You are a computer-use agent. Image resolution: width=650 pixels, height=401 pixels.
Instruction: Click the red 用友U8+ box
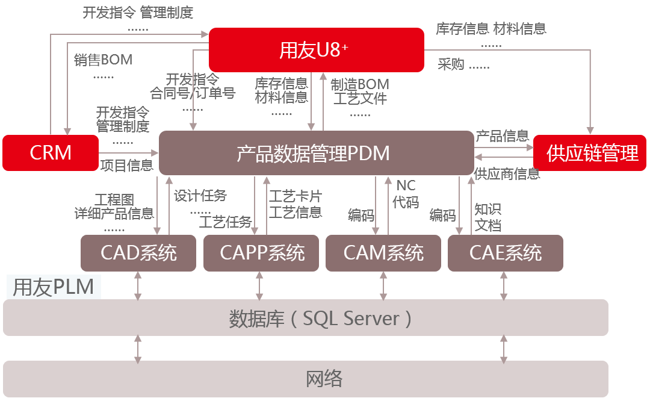tap(316, 49)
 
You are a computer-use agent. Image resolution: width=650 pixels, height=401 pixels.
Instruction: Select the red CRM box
tap(51, 153)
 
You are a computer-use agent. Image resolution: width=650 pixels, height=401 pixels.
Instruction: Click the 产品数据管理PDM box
tap(316, 153)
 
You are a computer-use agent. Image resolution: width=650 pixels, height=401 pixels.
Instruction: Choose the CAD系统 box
tap(138, 253)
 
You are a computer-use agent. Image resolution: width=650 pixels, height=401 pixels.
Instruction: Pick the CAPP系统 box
tap(262, 253)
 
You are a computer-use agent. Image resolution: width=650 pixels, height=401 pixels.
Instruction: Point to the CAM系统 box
tap(383, 253)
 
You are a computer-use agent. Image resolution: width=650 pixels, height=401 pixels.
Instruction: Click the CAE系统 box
tap(506, 253)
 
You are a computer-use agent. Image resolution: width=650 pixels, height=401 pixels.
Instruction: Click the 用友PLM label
tap(54, 287)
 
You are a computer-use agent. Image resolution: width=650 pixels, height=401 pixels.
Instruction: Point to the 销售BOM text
tap(103, 60)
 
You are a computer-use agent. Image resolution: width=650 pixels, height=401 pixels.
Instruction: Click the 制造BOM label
tap(360, 84)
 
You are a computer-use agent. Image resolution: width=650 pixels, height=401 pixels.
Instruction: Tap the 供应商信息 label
tap(507, 174)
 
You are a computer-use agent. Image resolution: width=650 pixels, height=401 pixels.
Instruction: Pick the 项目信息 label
tap(126, 166)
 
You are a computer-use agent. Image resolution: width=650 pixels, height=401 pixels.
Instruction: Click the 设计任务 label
tap(200, 196)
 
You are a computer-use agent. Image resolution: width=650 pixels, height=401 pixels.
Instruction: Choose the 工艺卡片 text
tap(295, 196)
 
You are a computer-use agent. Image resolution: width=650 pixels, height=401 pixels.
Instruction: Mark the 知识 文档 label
tap(487, 217)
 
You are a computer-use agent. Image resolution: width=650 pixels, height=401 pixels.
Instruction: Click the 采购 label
tap(451, 64)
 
